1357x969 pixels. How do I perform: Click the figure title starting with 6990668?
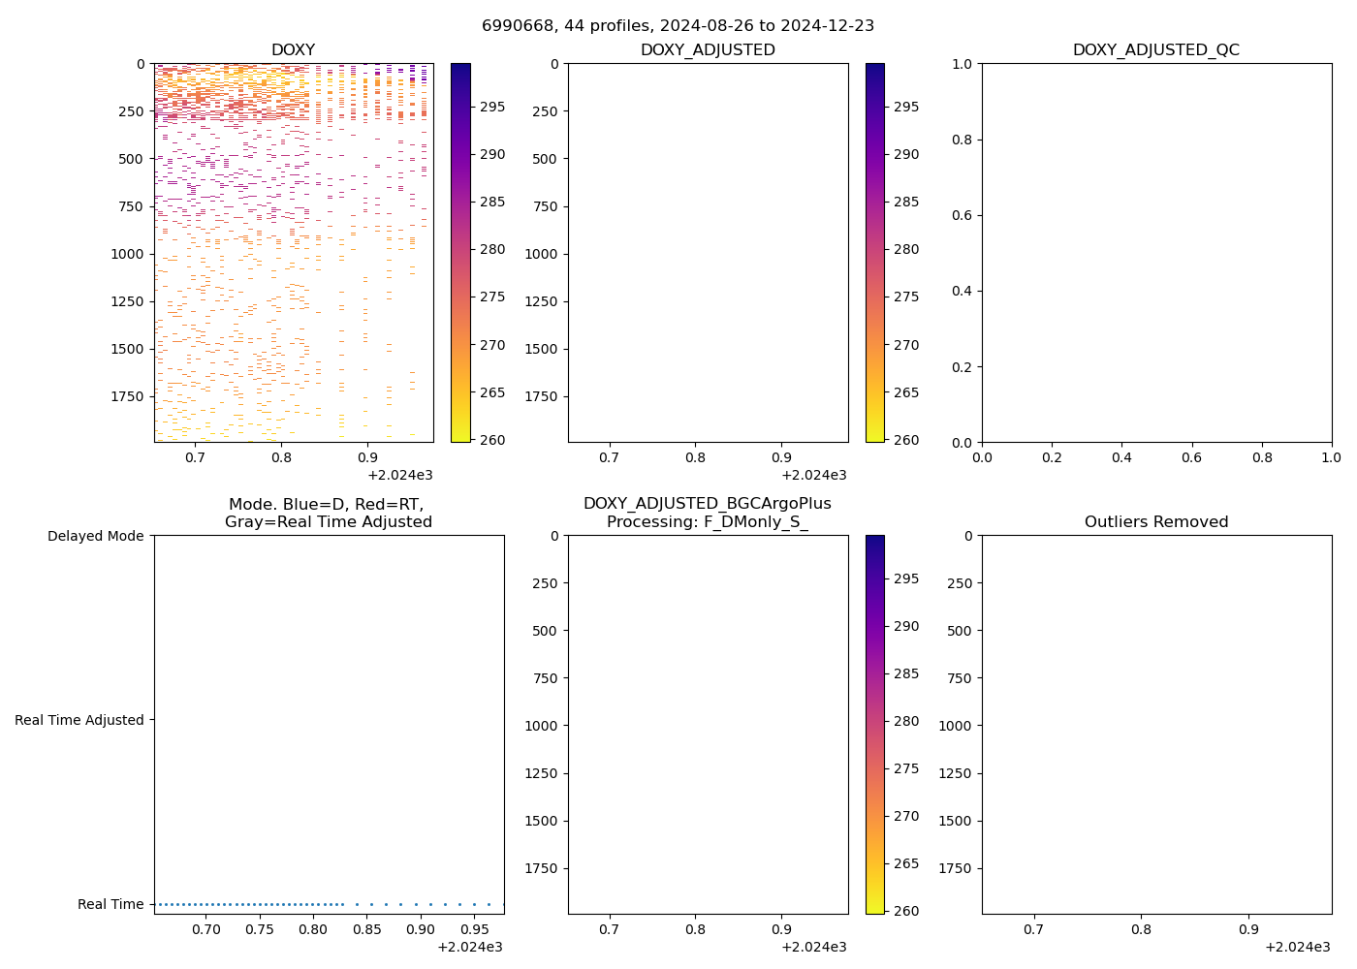[x=678, y=25]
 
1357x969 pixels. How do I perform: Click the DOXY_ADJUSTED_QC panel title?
[x=1155, y=50]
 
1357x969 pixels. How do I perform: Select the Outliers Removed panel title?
[x=1155, y=522]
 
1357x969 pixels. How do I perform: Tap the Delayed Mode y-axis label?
[x=95, y=536]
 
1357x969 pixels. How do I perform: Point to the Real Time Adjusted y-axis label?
[x=79, y=720]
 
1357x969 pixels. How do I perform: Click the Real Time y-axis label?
[x=110, y=904]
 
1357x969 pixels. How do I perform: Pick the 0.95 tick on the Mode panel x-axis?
[x=474, y=930]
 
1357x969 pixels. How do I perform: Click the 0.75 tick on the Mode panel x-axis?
[x=260, y=930]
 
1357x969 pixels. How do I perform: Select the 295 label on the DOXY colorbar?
[x=492, y=107]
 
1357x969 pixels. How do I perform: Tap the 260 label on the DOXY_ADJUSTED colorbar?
[x=906, y=440]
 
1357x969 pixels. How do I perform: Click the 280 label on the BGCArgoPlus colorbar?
[x=906, y=721]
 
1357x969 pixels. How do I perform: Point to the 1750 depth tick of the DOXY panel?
[x=127, y=396]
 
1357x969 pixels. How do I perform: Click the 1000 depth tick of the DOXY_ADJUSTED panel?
[x=541, y=254]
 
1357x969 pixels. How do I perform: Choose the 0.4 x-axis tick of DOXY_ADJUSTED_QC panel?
[x=1121, y=457]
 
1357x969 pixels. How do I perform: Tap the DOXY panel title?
[x=293, y=50]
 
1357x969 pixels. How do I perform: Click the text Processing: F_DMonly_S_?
[x=707, y=522]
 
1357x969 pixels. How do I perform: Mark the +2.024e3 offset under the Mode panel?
[x=469, y=947]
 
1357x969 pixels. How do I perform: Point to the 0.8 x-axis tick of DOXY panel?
[x=281, y=457]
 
